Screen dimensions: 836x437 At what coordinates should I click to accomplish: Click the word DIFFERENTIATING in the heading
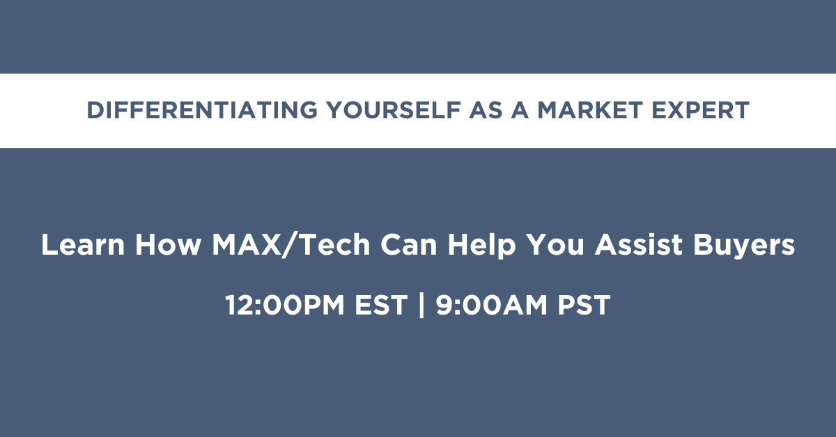(x=202, y=111)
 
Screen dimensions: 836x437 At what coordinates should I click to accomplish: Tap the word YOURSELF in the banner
(x=394, y=111)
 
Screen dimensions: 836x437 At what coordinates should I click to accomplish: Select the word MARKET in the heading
(x=589, y=111)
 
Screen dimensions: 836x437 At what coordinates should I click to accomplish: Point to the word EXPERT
(x=701, y=111)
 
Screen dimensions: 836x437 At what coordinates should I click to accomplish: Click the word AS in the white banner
(x=486, y=111)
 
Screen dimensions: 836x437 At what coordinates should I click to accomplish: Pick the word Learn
(x=83, y=245)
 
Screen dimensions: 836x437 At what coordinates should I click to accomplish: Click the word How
(x=168, y=245)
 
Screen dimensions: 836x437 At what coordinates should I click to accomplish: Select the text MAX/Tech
(x=291, y=246)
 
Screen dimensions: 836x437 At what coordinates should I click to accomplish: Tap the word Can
(x=409, y=245)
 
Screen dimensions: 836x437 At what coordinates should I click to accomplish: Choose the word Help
(x=482, y=247)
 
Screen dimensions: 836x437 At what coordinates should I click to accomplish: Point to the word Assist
(x=639, y=245)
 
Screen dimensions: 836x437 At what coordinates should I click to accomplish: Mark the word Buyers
(x=744, y=247)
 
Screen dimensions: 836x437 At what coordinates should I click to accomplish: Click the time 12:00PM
(x=285, y=305)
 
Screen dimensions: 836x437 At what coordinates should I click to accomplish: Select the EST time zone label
(x=380, y=305)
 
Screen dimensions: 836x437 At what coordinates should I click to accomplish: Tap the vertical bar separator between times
(x=421, y=305)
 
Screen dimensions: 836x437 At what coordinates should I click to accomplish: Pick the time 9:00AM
(x=492, y=305)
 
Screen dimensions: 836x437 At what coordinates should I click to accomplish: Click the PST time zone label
(x=584, y=305)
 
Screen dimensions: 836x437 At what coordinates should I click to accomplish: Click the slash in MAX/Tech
(x=291, y=246)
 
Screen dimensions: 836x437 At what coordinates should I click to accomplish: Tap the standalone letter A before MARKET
(x=520, y=111)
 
